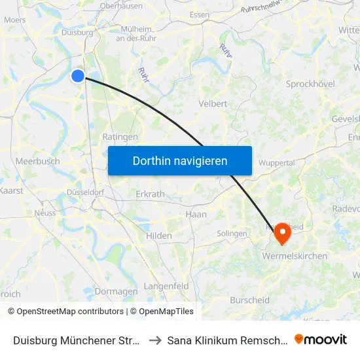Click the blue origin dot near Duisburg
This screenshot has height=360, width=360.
pyautogui.click(x=78, y=76)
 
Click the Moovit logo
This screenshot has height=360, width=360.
pyautogui.click(x=321, y=339)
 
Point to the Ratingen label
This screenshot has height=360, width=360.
pyautogui.click(x=120, y=137)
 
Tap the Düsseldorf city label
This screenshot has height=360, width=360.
pyautogui.click(x=85, y=192)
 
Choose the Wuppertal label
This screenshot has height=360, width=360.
pyautogui.click(x=277, y=162)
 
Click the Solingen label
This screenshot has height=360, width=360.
pyautogui.click(x=232, y=234)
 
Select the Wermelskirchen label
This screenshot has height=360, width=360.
pyautogui.click(x=295, y=256)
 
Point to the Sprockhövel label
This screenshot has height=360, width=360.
pyautogui.click(x=311, y=84)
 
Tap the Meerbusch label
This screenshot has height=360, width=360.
pyautogui.click(x=37, y=161)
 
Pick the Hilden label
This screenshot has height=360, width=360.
pyautogui.click(x=159, y=236)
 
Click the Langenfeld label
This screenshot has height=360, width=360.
pyautogui.click(x=166, y=286)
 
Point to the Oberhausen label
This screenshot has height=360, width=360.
pyautogui.click(x=121, y=6)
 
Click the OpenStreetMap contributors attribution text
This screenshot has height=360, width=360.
pyautogui.click(x=66, y=312)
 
